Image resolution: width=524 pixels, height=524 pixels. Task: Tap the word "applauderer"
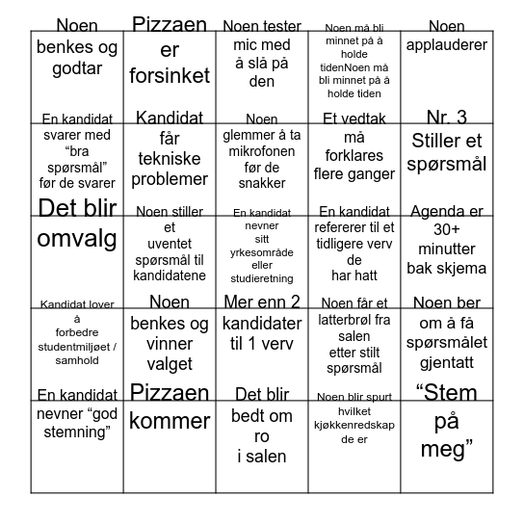coord(446,45)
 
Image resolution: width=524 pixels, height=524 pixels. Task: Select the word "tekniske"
coord(170,159)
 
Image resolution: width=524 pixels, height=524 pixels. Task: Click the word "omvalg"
coord(77,238)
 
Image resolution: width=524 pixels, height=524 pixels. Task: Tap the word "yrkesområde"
coord(262,252)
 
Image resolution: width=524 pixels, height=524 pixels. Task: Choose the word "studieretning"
coord(262,279)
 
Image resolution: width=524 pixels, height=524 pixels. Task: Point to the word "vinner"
coord(170,344)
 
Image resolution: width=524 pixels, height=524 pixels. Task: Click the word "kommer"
coord(170,421)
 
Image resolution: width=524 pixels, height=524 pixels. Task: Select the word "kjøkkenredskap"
coord(354,425)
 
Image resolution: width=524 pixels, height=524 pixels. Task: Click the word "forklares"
coord(354,156)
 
